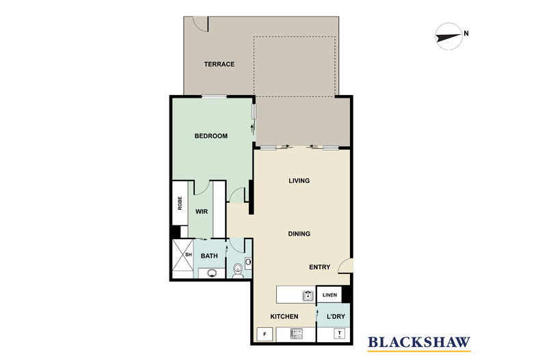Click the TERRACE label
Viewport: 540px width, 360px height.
tap(219, 64)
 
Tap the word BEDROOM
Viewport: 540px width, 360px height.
tap(211, 136)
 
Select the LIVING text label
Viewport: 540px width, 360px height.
tap(299, 181)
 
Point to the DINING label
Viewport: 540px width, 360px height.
tap(299, 234)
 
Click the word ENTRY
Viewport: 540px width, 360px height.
tap(319, 267)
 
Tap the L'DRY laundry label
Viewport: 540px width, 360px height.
tap(336, 317)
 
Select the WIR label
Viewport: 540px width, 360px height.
tap(202, 212)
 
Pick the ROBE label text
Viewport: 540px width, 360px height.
tap(180, 203)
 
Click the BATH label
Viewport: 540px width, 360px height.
tap(208, 256)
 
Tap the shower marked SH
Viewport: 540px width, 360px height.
tap(182, 257)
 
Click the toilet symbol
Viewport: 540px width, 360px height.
tap(237, 271)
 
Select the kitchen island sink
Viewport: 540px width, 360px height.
tap(308, 295)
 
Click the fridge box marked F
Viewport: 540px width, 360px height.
tap(264, 334)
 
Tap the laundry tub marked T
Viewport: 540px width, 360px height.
tap(340, 334)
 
